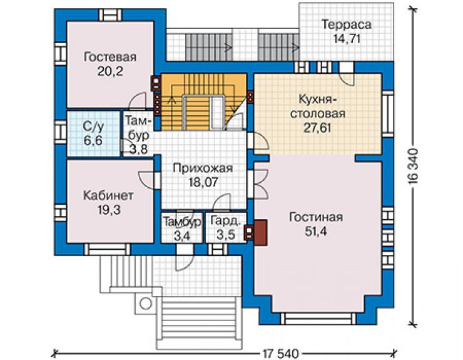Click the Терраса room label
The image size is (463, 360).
click(x=346, y=25)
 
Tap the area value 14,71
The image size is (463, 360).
click(x=347, y=39)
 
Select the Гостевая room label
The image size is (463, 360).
click(x=110, y=57)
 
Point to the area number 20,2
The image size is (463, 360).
click(x=110, y=71)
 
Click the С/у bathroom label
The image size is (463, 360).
click(x=93, y=127)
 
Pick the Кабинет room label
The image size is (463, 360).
click(x=108, y=196)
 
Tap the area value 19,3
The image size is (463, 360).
click(x=109, y=210)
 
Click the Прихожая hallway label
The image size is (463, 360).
click(x=203, y=168)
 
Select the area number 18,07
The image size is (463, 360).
click(x=203, y=182)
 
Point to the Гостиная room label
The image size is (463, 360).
click(x=316, y=217)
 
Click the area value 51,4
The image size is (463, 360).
click(x=316, y=232)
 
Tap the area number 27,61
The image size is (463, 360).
click(x=317, y=128)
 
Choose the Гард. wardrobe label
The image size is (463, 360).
click(x=225, y=222)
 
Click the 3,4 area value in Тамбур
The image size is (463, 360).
click(x=181, y=235)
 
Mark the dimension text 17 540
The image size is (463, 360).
click(x=280, y=353)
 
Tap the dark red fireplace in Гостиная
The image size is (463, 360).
click(x=261, y=233)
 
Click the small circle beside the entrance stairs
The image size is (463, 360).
click(x=145, y=304)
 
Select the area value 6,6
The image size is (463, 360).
click(x=93, y=140)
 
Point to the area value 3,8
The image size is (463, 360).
click(x=138, y=149)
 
